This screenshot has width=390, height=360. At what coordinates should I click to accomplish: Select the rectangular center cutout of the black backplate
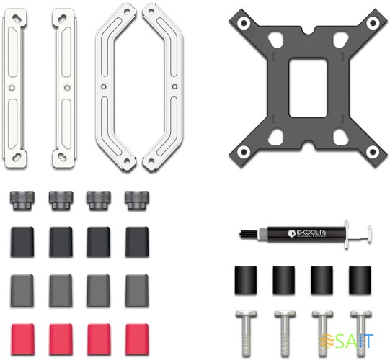[x=308, y=87]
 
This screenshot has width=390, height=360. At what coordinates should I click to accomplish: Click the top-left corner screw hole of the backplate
[x=244, y=23]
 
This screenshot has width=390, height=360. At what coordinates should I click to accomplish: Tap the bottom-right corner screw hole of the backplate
[x=373, y=152]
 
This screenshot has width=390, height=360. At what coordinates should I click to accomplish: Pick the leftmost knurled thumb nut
[x=22, y=200]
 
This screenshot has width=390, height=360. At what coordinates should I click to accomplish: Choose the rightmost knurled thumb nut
[x=137, y=200]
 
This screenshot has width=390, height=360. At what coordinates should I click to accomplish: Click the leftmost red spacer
[x=22, y=339]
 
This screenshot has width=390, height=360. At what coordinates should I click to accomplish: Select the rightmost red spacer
[x=137, y=339]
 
